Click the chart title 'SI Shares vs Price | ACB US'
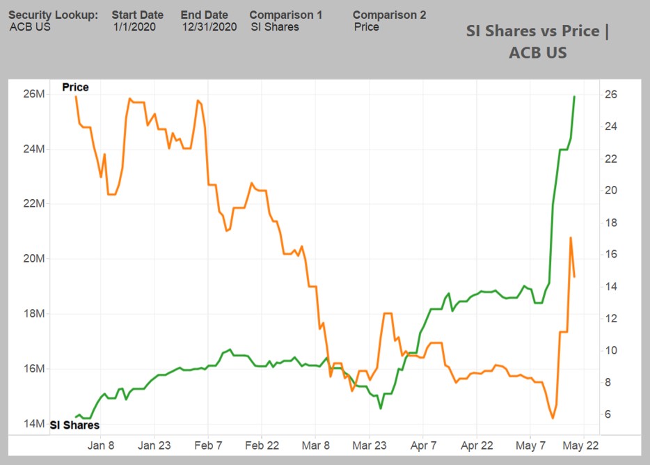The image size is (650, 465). pos(537,42)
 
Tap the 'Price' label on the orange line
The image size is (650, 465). pos(75,88)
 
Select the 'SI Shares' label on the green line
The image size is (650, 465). pos(74,425)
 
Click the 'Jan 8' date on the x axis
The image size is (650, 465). pos(101,446)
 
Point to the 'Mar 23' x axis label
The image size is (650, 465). pos(369,446)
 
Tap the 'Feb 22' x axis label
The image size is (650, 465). pos(262,446)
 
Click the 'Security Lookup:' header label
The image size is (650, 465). pos(53,15)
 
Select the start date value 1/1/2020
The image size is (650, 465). pos(135,27)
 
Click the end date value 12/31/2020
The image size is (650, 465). pos(209,27)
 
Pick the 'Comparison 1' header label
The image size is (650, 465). pos(286,15)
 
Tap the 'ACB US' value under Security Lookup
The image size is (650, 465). pos(30,27)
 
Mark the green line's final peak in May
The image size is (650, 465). pos(574,97)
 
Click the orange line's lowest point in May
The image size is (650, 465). pos(553,418)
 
